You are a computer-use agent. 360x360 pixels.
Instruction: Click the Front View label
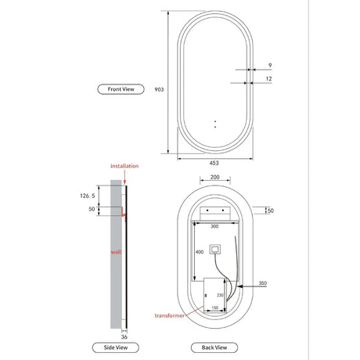(121, 89)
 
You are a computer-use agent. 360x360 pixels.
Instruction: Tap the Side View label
(116, 347)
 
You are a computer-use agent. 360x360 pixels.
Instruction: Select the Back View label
(214, 347)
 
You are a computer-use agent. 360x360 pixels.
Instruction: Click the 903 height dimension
(159, 89)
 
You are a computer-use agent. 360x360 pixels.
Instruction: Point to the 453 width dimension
(214, 163)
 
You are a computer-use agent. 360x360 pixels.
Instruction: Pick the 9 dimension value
(270, 65)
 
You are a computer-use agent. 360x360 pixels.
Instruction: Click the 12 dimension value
(268, 78)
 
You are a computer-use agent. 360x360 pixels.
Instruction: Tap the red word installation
(124, 166)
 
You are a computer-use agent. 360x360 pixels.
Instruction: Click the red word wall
(116, 252)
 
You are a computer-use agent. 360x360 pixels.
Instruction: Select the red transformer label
(170, 315)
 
